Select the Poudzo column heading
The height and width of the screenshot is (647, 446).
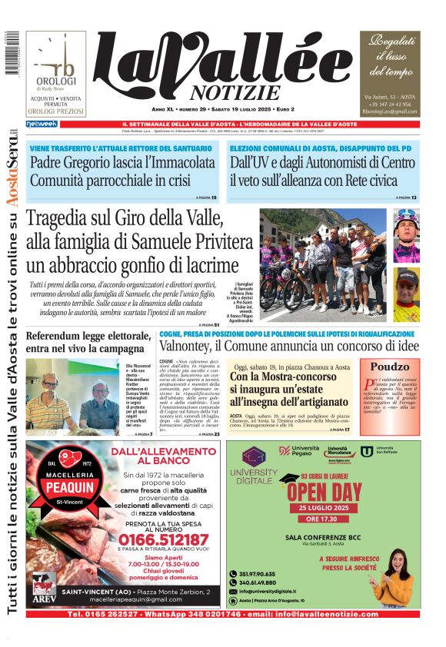coord(391,367)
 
